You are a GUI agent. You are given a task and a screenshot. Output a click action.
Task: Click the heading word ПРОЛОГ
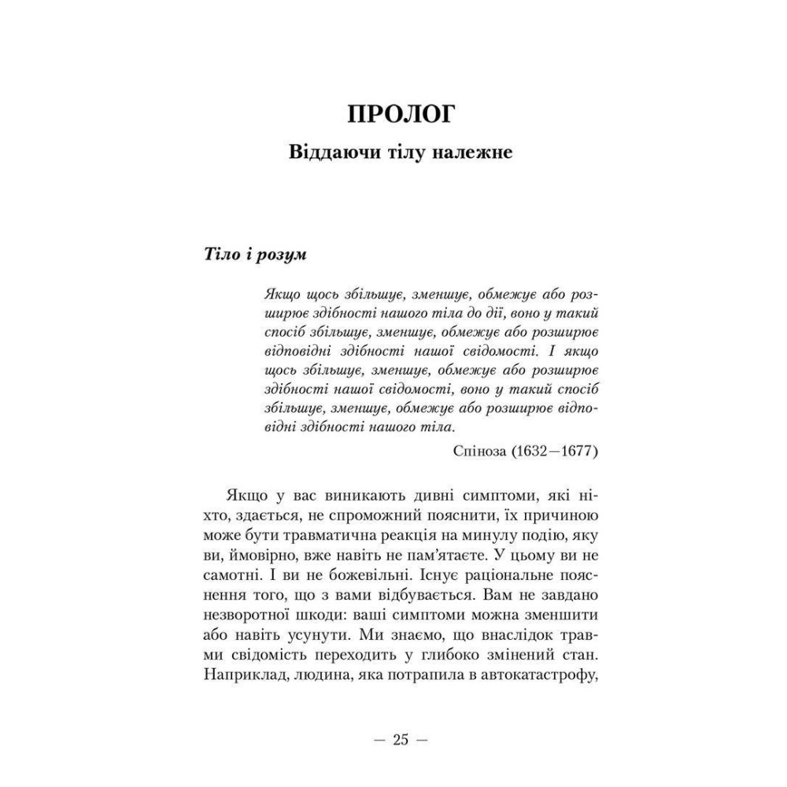click(x=401, y=113)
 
